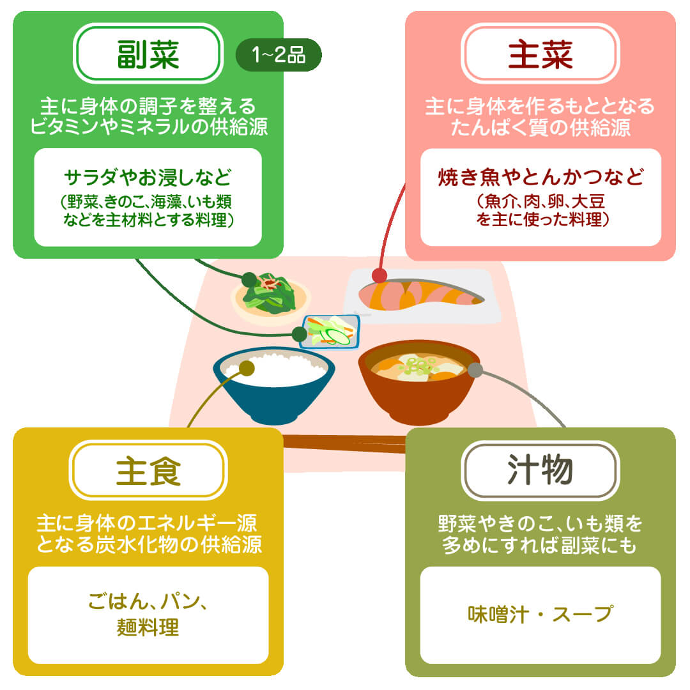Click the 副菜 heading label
coord(148,54)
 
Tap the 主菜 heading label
coord(540,54)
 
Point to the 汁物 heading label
coord(540,470)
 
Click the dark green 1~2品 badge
coord(279,55)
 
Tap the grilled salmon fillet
coord(420,294)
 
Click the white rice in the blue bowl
coord(275,369)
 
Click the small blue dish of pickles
coord(330,332)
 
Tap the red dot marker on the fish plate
coord(379,276)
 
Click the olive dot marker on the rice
coord(247,369)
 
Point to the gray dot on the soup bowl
coord(475,370)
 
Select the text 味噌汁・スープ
coord(540,615)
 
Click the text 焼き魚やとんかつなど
coord(540,177)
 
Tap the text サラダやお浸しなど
coord(148,177)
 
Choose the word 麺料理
coord(148,627)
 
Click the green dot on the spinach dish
coord(249,279)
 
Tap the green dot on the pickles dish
coord(300,334)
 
